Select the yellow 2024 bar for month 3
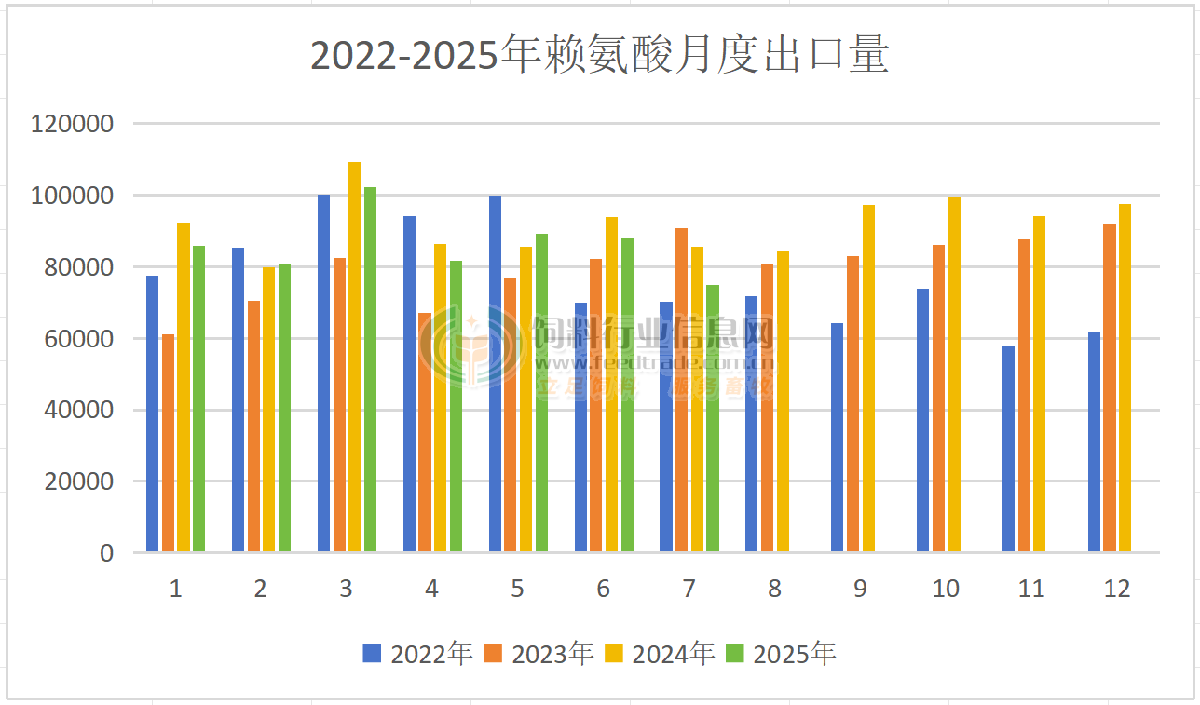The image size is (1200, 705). pos(354,358)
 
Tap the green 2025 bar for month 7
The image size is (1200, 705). pos(713,419)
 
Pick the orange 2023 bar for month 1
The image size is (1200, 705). pos(168,443)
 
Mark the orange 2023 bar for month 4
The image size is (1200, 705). pos(425,433)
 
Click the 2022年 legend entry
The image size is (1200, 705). pos(418,654)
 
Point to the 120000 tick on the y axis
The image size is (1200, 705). pos(73,124)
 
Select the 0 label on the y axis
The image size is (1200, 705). pos(106,553)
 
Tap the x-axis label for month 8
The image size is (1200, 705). pos(774,589)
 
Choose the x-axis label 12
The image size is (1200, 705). pos(1116,589)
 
